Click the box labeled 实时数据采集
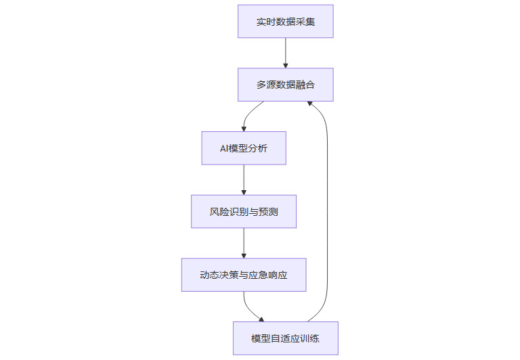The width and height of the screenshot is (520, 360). click(285, 22)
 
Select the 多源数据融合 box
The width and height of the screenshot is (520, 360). click(285, 85)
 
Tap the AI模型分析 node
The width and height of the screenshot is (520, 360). click(244, 148)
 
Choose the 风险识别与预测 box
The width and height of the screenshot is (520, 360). click(244, 212)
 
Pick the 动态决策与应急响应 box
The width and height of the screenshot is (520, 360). click(244, 275)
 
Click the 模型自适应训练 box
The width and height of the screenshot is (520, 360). click(285, 338)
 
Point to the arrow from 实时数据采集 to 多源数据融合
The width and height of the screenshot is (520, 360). click(285, 53)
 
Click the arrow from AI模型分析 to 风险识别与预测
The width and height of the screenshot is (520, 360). click(244, 180)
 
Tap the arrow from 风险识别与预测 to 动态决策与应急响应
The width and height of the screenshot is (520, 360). click(244, 243)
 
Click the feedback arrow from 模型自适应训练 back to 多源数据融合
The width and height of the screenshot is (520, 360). click(328, 210)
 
